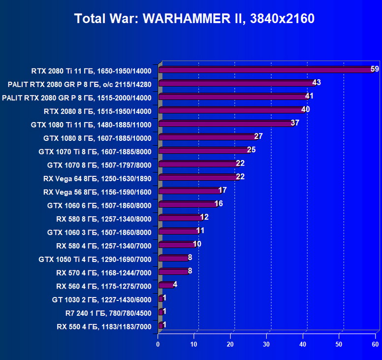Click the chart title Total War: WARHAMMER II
pyautogui.click(x=194, y=19)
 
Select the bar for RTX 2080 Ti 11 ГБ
pyautogui.click(x=266, y=70)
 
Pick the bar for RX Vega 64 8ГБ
pyautogui.click(x=198, y=177)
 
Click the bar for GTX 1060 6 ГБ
pyautogui.click(x=187, y=204)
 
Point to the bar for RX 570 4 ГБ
pyautogui.click(x=173, y=271)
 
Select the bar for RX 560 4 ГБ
pyautogui.click(x=166, y=284)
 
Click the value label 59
pyautogui.click(x=375, y=69)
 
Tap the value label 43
pyautogui.click(x=317, y=82)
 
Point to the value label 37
pyautogui.click(x=295, y=123)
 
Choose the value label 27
pyautogui.click(x=258, y=136)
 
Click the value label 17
pyautogui.click(x=223, y=190)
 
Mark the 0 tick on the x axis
pyautogui.click(x=158, y=344)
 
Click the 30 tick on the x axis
pyautogui.click(x=267, y=344)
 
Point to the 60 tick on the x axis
pyautogui.click(x=375, y=344)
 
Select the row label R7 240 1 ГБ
pyautogui.click(x=108, y=312)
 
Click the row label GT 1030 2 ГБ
pyautogui.click(x=101, y=299)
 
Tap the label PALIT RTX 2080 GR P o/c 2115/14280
pyautogui.click(x=80, y=84)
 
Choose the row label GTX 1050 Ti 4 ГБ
pyautogui.click(x=95, y=259)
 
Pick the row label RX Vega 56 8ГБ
pyautogui.click(x=97, y=192)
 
